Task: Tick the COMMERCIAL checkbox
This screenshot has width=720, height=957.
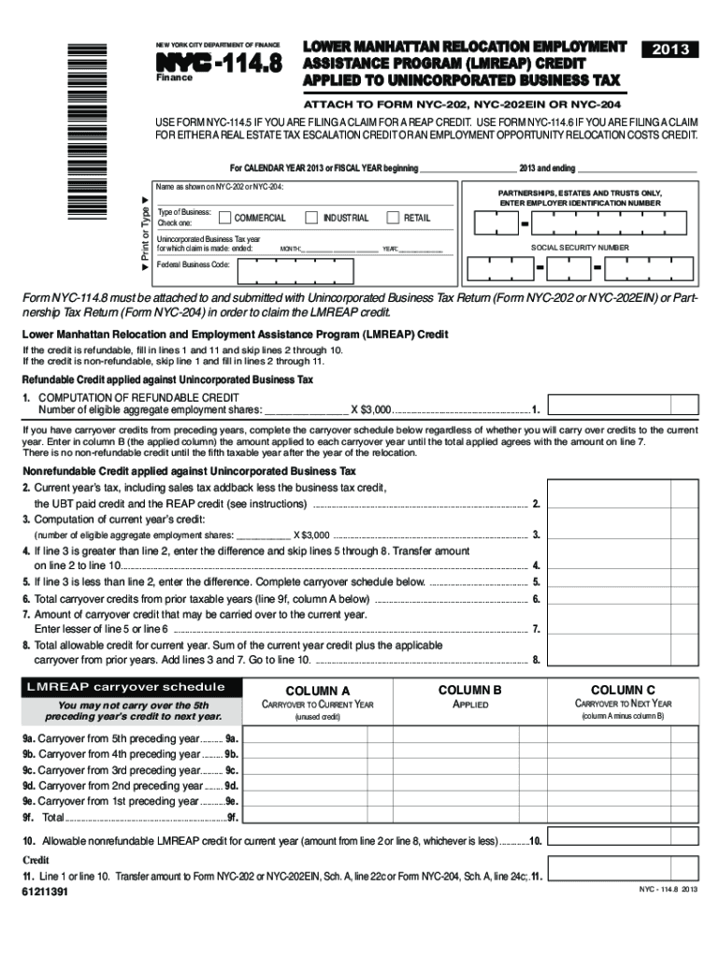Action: click(x=224, y=218)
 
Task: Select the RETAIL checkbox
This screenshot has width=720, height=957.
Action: click(x=393, y=218)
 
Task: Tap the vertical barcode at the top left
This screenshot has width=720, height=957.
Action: click(x=76, y=121)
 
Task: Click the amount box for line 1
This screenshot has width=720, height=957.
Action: click(x=622, y=403)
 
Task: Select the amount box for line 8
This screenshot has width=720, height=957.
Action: click(x=622, y=660)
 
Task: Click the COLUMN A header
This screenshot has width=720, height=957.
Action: click(x=317, y=690)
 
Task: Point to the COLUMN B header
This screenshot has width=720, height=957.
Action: click(x=470, y=690)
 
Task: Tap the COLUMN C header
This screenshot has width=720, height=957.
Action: click(x=623, y=690)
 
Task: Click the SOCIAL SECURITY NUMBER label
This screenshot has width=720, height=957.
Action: click(x=580, y=248)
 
